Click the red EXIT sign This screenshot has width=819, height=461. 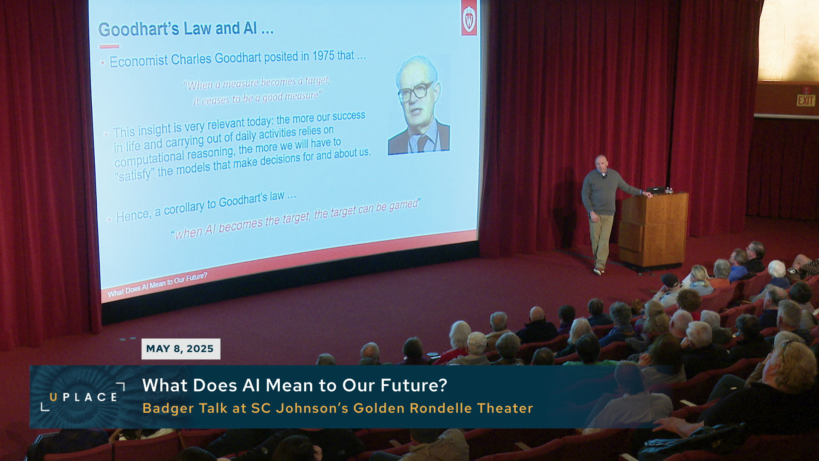pyautogui.click(x=806, y=101)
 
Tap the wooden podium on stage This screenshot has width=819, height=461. pyautogui.click(x=653, y=230)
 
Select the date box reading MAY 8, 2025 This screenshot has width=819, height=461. pyautogui.click(x=181, y=349)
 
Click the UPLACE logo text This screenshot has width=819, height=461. pyautogui.click(x=83, y=397)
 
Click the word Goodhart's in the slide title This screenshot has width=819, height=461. pyautogui.click(x=139, y=29)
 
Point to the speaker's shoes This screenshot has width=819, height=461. pyautogui.click(x=599, y=271)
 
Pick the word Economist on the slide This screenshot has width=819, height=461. pyautogui.click(x=139, y=61)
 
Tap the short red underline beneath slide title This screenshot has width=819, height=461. pyautogui.click(x=109, y=46)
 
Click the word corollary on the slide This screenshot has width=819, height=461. pyautogui.click(x=184, y=208)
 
